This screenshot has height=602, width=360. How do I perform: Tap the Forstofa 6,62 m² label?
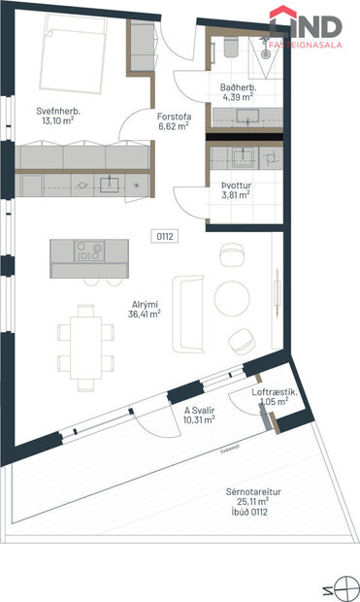pyautogui.click(x=175, y=120)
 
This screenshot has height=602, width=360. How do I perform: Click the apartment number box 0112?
pyautogui.click(x=165, y=236)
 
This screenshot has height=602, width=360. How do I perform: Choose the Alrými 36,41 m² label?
pyautogui.click(x=147, y=308)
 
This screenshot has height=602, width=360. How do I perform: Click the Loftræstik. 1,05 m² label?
pyautogui.click(x=273, y=396)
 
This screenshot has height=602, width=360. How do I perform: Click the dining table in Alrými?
pyautogui.click(x=81, y=341)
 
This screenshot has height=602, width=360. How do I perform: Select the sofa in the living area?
pyautogui.click(x=185, y=313)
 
